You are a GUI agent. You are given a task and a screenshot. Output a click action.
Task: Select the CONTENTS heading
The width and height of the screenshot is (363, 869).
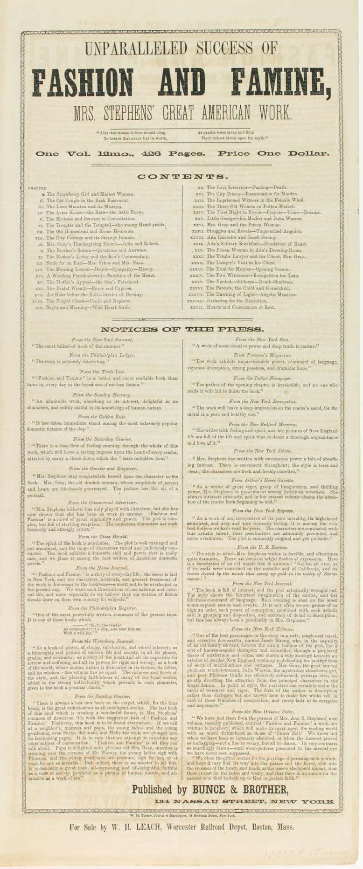pyautogui.click(x=181, y=177)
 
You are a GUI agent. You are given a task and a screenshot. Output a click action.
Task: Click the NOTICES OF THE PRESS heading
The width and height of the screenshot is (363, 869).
pyautogui.click(x=181, y=330)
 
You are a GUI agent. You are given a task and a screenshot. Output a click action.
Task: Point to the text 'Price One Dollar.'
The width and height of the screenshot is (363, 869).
pyautogui.click(x=273, y=153)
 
